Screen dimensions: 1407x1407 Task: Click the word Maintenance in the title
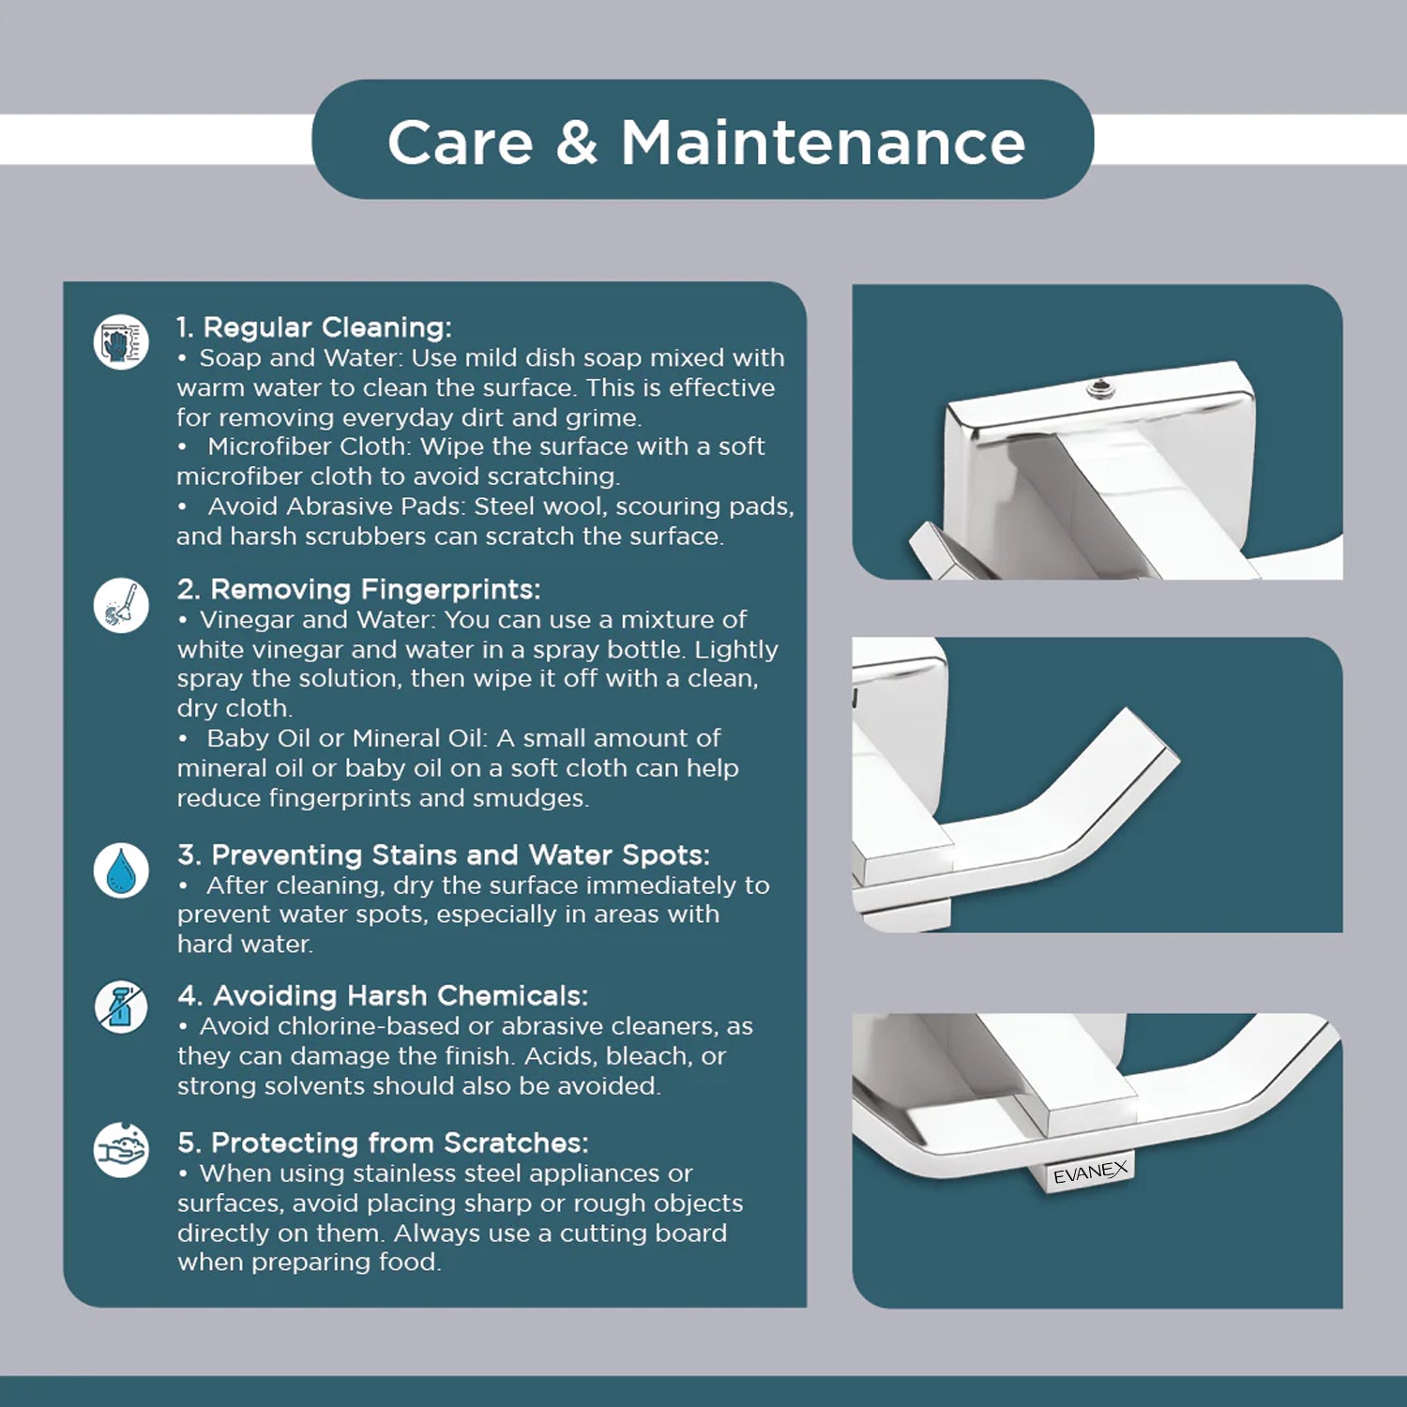[x=824, y=143]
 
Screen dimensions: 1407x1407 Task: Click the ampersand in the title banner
[x=576, y=143]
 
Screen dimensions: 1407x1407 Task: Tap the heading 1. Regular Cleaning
[x=314, y=327]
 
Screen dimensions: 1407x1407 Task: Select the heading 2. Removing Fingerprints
[x=359, y=589]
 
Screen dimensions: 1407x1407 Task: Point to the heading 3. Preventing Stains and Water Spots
[x=444, y=855]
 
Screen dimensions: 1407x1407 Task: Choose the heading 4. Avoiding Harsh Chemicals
[x=383, y=995]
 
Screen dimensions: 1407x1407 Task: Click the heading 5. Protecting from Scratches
[x=383, y=1142]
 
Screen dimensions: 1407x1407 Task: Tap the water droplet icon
[x=121, y=870]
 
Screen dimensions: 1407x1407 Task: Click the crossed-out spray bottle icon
[x=121, y=1008]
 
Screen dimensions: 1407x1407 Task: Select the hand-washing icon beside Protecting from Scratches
[x=121, y=1149]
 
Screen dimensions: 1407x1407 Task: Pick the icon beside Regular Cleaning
[x=121, y=341]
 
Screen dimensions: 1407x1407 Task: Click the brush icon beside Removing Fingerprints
[x=121, y=605]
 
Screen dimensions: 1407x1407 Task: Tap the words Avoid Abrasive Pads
[x=335, y=507]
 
